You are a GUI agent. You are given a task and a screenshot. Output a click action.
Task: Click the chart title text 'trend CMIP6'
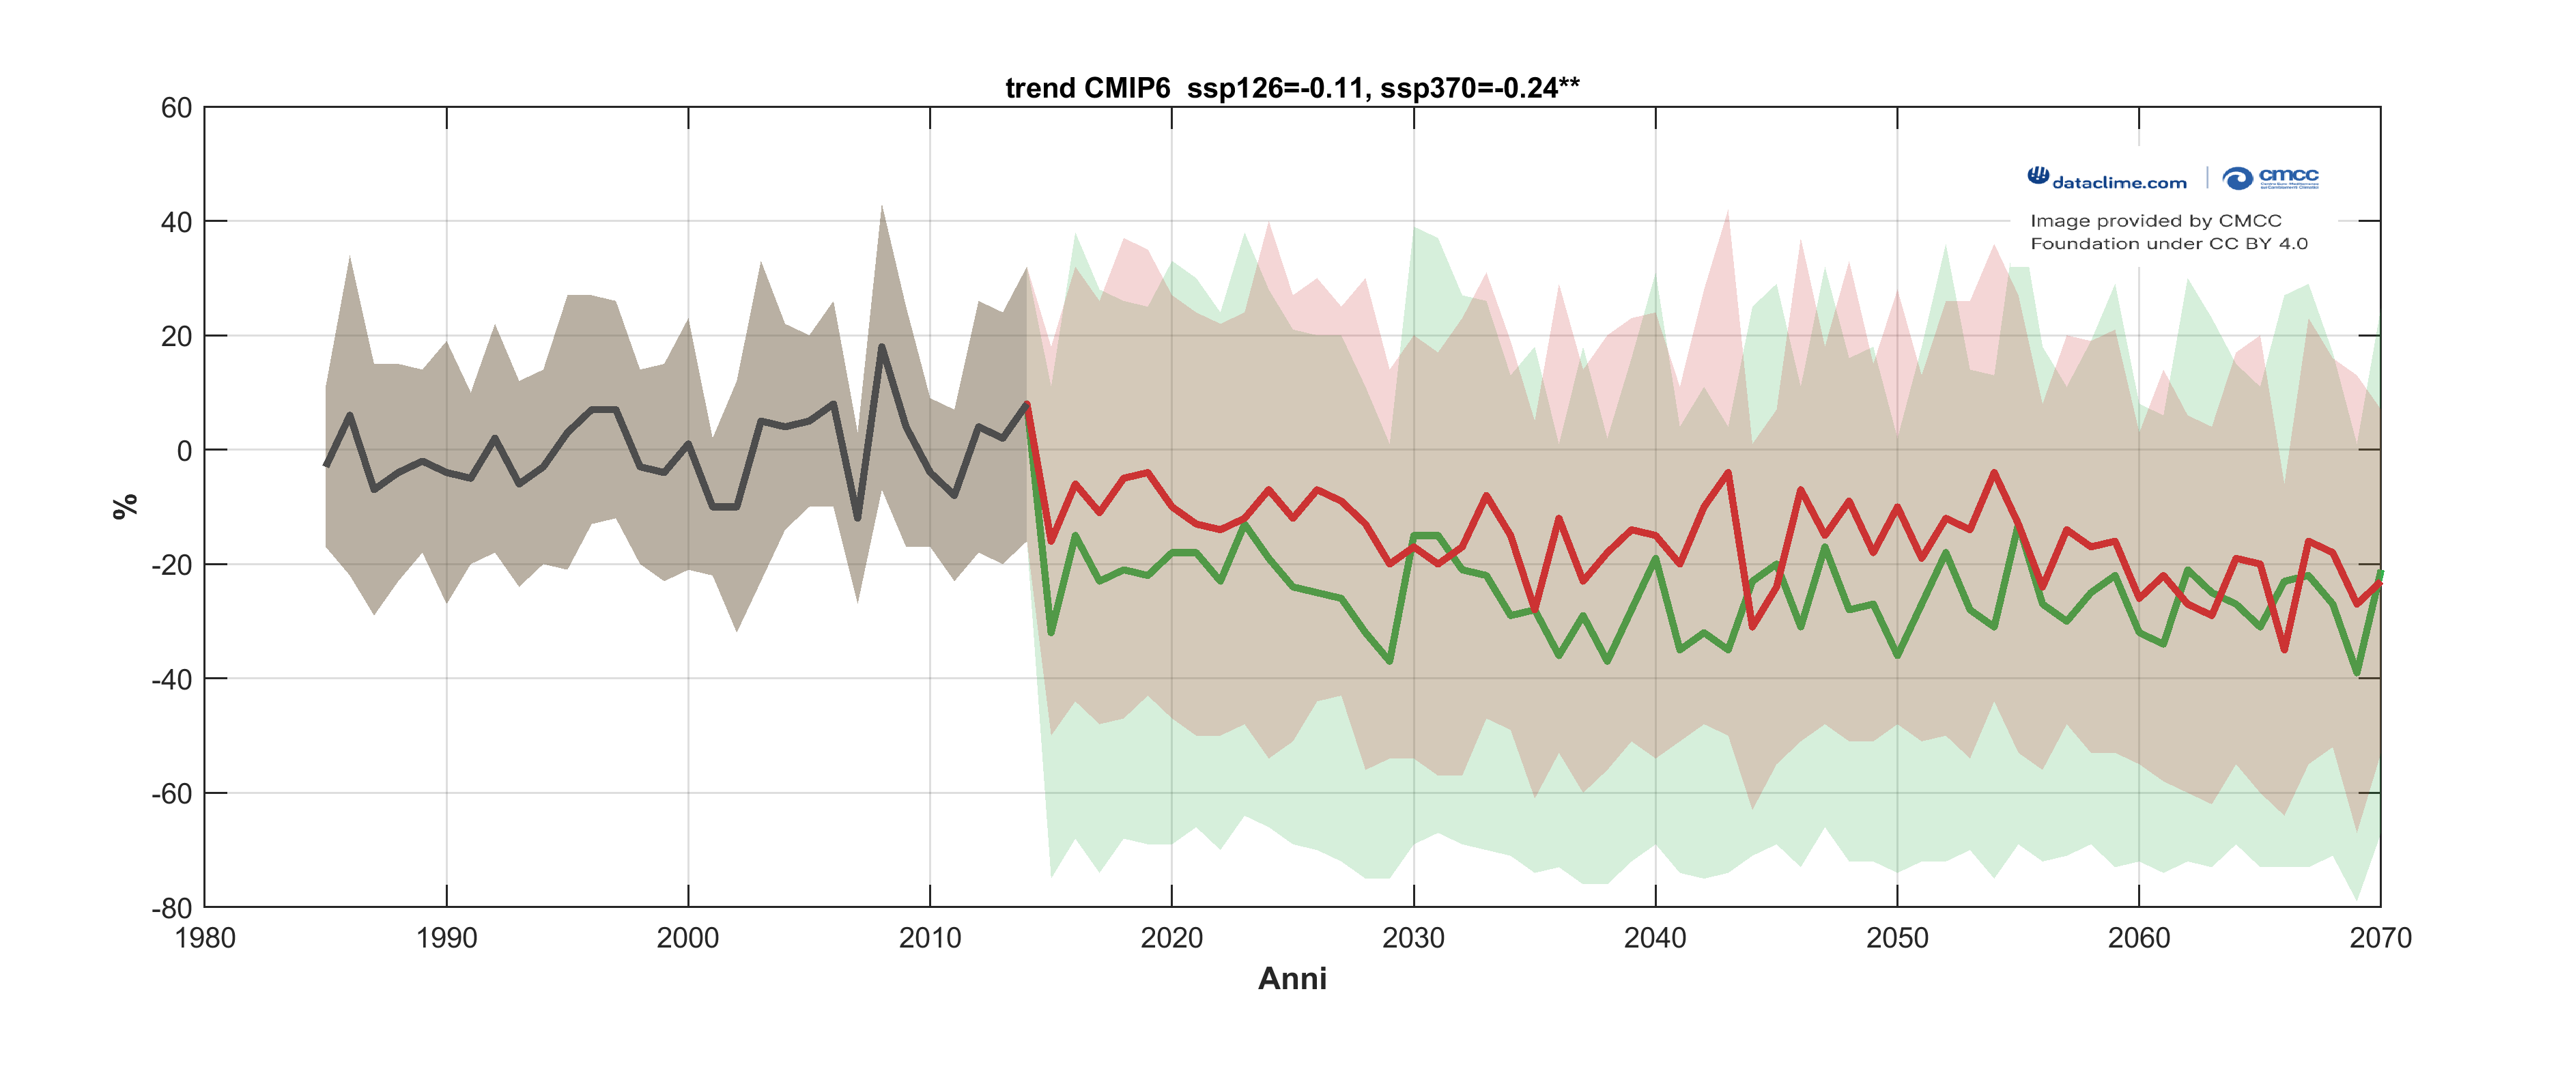tap(1087, 89)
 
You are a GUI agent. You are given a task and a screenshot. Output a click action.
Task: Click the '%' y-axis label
tap(125, 507)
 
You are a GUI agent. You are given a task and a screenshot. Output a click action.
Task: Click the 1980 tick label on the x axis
tap(205, 939)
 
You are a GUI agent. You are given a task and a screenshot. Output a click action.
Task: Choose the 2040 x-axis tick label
tap(1655, 939)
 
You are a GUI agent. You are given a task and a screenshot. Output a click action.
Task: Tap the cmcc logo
tap(2271, 177)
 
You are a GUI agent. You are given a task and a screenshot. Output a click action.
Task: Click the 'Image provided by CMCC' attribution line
tap(2156, 220)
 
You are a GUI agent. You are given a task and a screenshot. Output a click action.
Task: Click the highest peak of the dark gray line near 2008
tap(881, 347)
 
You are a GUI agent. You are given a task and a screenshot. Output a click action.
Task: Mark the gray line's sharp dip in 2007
tap(857, 517)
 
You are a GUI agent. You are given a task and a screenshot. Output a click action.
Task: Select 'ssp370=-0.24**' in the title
tap(1480, 89)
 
